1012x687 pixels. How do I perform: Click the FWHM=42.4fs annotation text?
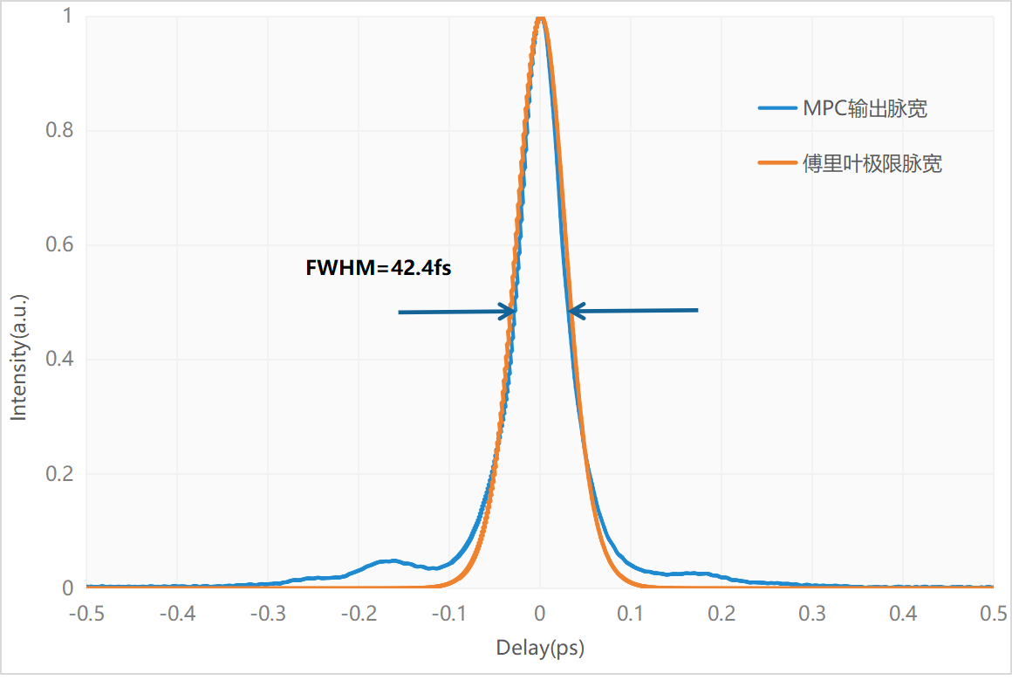pyautogui.click(x=378, y=269)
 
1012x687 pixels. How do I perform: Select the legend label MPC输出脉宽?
pyautogui.click(x=865, y=109)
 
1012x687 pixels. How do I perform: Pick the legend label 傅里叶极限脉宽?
pyautogui.click(x=872, y=163)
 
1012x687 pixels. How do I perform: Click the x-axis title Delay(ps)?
pyautogui.click(x=540, y=648)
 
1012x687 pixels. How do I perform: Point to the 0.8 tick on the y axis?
pyautogui.click(x=58, y=131)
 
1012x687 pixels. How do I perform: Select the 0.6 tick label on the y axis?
pyautogui.click(x=58, y=245)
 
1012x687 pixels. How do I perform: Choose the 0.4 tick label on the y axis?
pyautogui.click(x=58, y=360)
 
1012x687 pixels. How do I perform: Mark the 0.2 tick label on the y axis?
pyautogui.click(x=58, y=474)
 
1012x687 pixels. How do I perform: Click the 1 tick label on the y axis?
pyautogui.click(x=67, y=17)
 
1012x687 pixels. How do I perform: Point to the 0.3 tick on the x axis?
pyautogui.click(x=812, y=613)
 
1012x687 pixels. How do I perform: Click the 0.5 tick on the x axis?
pyautogui.click(x=993, y=613)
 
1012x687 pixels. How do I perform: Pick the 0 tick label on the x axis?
pyautogui.click(x=540, y=613)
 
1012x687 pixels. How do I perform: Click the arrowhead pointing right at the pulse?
pyautogui.click(x=507, y=311)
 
